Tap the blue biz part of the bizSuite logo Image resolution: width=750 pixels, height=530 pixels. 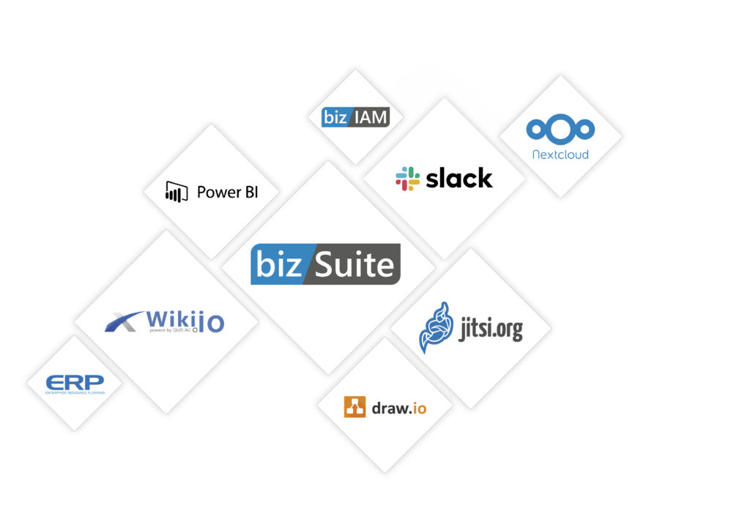pos(278,264)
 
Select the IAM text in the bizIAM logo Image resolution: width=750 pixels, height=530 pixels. pos(368,117)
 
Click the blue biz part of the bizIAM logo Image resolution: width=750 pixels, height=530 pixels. pos(334,117)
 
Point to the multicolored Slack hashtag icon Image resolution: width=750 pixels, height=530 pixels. pos(407,179)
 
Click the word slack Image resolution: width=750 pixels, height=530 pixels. pos(459,178)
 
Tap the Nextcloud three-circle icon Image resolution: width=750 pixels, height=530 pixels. pos(560,130)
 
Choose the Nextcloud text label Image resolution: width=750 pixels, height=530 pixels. pos(560,155)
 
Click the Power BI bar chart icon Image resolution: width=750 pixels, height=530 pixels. pos(174,192)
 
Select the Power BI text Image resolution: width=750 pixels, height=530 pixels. pos(228,193)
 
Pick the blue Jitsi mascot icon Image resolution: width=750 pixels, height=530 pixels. pos(437,328)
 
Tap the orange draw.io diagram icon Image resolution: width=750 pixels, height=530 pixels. pos(354,406)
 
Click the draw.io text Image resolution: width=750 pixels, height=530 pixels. pos(398,407)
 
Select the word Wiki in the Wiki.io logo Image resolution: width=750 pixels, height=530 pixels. pos(174,318)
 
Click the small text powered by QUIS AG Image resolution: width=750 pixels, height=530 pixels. pos(170,331)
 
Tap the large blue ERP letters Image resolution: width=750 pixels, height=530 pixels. pos(75,382)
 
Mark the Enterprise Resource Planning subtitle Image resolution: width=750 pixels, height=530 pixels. pos(75,392)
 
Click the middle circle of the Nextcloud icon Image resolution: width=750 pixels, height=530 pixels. pos(560,130)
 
